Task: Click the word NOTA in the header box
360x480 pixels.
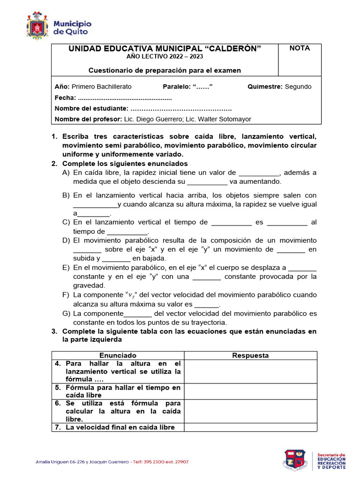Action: [300, 48]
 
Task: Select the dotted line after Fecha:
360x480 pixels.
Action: [125, 98]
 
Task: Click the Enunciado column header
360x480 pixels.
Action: [118, 355]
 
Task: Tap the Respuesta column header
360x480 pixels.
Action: [250, 355]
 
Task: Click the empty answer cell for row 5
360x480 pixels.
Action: [250, 391]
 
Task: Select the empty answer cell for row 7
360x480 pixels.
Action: [250, 427]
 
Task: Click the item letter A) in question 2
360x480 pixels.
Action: [66, 172]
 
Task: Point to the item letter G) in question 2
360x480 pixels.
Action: [66, 313]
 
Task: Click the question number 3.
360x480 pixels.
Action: [54, 331]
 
